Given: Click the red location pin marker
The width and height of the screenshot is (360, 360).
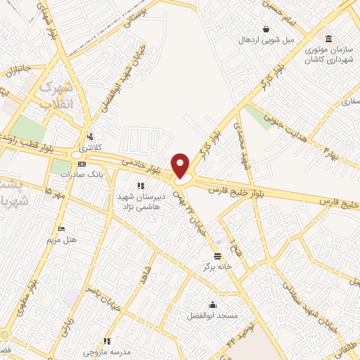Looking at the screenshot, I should coord(181,166).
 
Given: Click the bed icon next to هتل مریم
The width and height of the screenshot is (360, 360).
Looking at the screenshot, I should coord(61,229).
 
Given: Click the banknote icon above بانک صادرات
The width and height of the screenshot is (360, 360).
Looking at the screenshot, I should coord(82,163).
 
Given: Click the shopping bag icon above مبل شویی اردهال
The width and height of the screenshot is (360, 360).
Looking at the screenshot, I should coord(266,29).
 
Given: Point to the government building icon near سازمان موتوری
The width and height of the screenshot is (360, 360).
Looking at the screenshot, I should coord(328,37).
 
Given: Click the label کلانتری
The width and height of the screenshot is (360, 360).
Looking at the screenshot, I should coord(89,148).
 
